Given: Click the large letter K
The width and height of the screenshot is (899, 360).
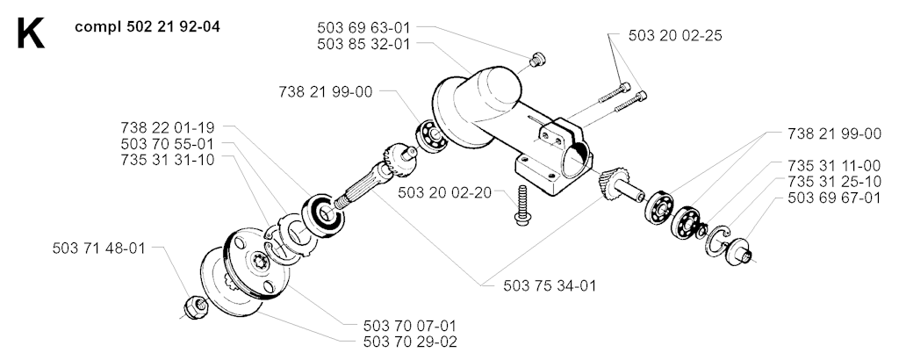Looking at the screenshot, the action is point(31,34).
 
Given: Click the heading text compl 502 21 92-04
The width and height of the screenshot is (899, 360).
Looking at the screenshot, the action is point(147,27).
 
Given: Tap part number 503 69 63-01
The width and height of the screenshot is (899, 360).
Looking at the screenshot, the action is point(363,27).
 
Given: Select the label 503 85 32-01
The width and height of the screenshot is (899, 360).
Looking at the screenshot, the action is point(363,44).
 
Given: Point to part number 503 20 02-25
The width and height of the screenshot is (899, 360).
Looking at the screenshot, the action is point(675,35).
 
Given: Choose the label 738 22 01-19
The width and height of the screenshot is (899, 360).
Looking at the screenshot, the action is point(168,126).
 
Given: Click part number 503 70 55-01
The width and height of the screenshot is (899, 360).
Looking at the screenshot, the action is point(168,143).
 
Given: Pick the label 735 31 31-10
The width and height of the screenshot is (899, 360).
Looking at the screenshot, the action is point(168,160).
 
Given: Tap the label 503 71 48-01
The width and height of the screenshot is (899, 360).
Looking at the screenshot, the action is point(98,248).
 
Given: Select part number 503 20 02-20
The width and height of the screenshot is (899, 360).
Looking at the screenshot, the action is point(444,193).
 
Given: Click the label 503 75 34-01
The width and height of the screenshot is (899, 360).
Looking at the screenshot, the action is point(550,285).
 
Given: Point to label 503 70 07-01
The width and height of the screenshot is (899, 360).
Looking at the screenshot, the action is point(410,326).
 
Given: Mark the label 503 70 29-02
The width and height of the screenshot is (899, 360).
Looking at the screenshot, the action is point(410,342).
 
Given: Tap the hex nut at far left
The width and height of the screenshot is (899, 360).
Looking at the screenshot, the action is point(195,307).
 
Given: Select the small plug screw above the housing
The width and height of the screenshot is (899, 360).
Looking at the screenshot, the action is point(538,59).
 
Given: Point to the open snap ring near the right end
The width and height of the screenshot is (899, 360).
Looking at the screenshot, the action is point(717,241).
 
